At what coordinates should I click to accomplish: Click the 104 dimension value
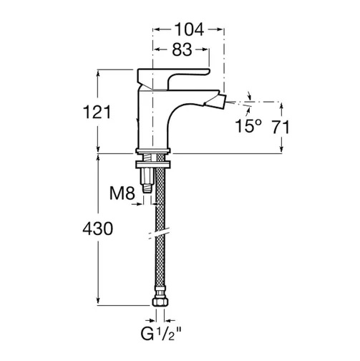(189, 29)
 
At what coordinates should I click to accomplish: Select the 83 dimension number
(182, 49)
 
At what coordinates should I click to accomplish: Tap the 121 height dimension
(97, 112)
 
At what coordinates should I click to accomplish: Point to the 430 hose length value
(97, 228)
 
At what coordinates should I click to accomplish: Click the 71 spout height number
(281, 127)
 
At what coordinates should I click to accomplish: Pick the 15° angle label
(248, 125)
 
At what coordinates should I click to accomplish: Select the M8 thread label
(122, 193)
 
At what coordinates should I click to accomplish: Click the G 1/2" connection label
(161, 334)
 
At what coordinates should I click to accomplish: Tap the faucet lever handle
(173, 77)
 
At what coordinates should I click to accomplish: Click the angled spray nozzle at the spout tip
(215, 100)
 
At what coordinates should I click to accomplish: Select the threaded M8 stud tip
(147, 188)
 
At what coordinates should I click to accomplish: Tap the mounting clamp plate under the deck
(153, 165)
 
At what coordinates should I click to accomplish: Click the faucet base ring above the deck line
(153, 150)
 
